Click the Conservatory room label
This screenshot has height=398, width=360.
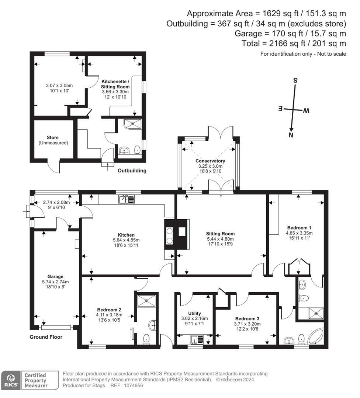210,161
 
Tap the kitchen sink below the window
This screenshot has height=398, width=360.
127,199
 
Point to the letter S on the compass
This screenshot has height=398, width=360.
295,80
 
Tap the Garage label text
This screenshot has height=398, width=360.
55,276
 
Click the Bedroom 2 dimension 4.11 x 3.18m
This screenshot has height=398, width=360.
109,315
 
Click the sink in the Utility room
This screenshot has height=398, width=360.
194,339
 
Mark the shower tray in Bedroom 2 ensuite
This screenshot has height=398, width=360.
146,300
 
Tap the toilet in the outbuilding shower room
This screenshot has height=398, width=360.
137,149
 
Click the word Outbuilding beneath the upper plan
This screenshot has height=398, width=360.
132,171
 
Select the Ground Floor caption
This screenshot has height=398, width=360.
46,337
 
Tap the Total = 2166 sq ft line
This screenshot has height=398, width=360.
294,43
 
